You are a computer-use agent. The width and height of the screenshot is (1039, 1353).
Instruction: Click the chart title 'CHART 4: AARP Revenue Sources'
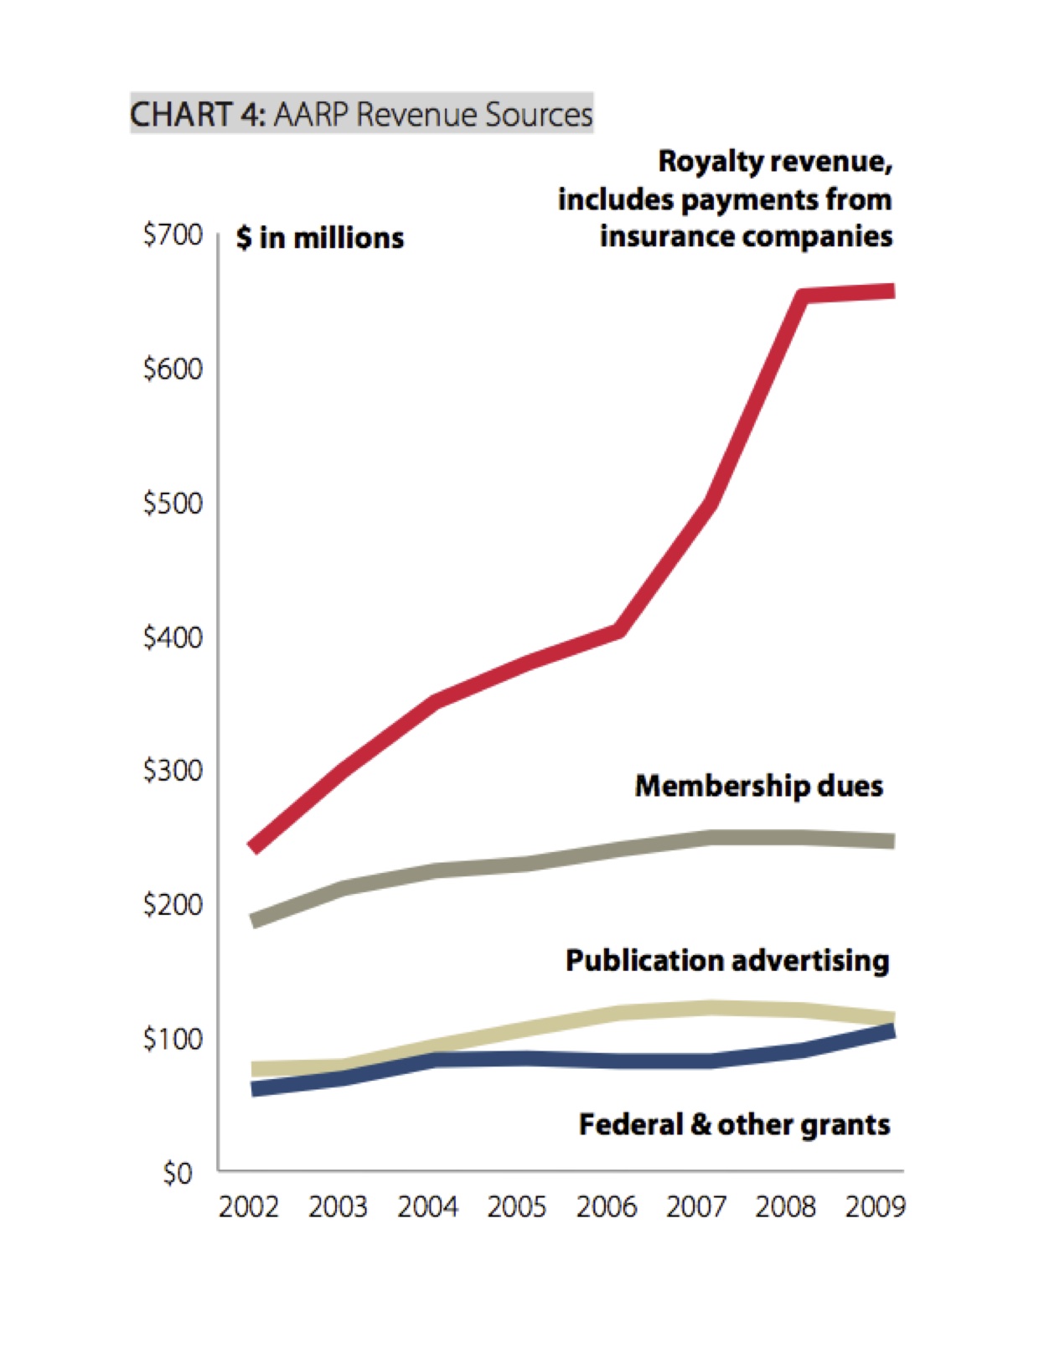(x=361, y=114)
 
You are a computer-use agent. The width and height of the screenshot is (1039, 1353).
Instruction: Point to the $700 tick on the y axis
(x=173, y=235)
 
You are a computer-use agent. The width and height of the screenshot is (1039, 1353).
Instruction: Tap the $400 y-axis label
(x=173, y=638)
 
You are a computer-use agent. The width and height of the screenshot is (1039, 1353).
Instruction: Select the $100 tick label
(x=173, y=1039)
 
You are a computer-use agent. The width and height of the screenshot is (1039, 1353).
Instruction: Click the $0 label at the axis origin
(x=178, y=1173)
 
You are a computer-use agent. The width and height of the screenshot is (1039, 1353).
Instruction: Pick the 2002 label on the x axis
(x=249, y=1207)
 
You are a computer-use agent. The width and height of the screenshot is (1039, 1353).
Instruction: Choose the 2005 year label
(x=517, y=1207)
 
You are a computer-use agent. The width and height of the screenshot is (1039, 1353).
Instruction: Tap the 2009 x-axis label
(x=875, y=1207)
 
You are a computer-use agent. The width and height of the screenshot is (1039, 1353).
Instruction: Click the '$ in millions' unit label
(x=320, y=238)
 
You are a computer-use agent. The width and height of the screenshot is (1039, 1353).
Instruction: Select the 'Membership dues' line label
(x=759, y=786)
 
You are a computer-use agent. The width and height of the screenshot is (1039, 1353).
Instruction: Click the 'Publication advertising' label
(x=727, y=960)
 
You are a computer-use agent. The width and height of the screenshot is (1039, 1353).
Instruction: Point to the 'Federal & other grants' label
(x=734, y=1124)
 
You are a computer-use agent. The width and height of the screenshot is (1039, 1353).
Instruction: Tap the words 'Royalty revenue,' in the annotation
(x=775, y=161)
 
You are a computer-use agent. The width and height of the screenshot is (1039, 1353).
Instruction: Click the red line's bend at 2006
(x=618, y=630)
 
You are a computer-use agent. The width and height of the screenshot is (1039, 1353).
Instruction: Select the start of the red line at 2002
(x=254, y=848)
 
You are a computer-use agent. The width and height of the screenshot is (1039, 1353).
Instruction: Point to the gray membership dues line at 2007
(x=711, y=837)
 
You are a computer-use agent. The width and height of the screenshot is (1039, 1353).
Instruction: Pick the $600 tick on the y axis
(x=173, y=369)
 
